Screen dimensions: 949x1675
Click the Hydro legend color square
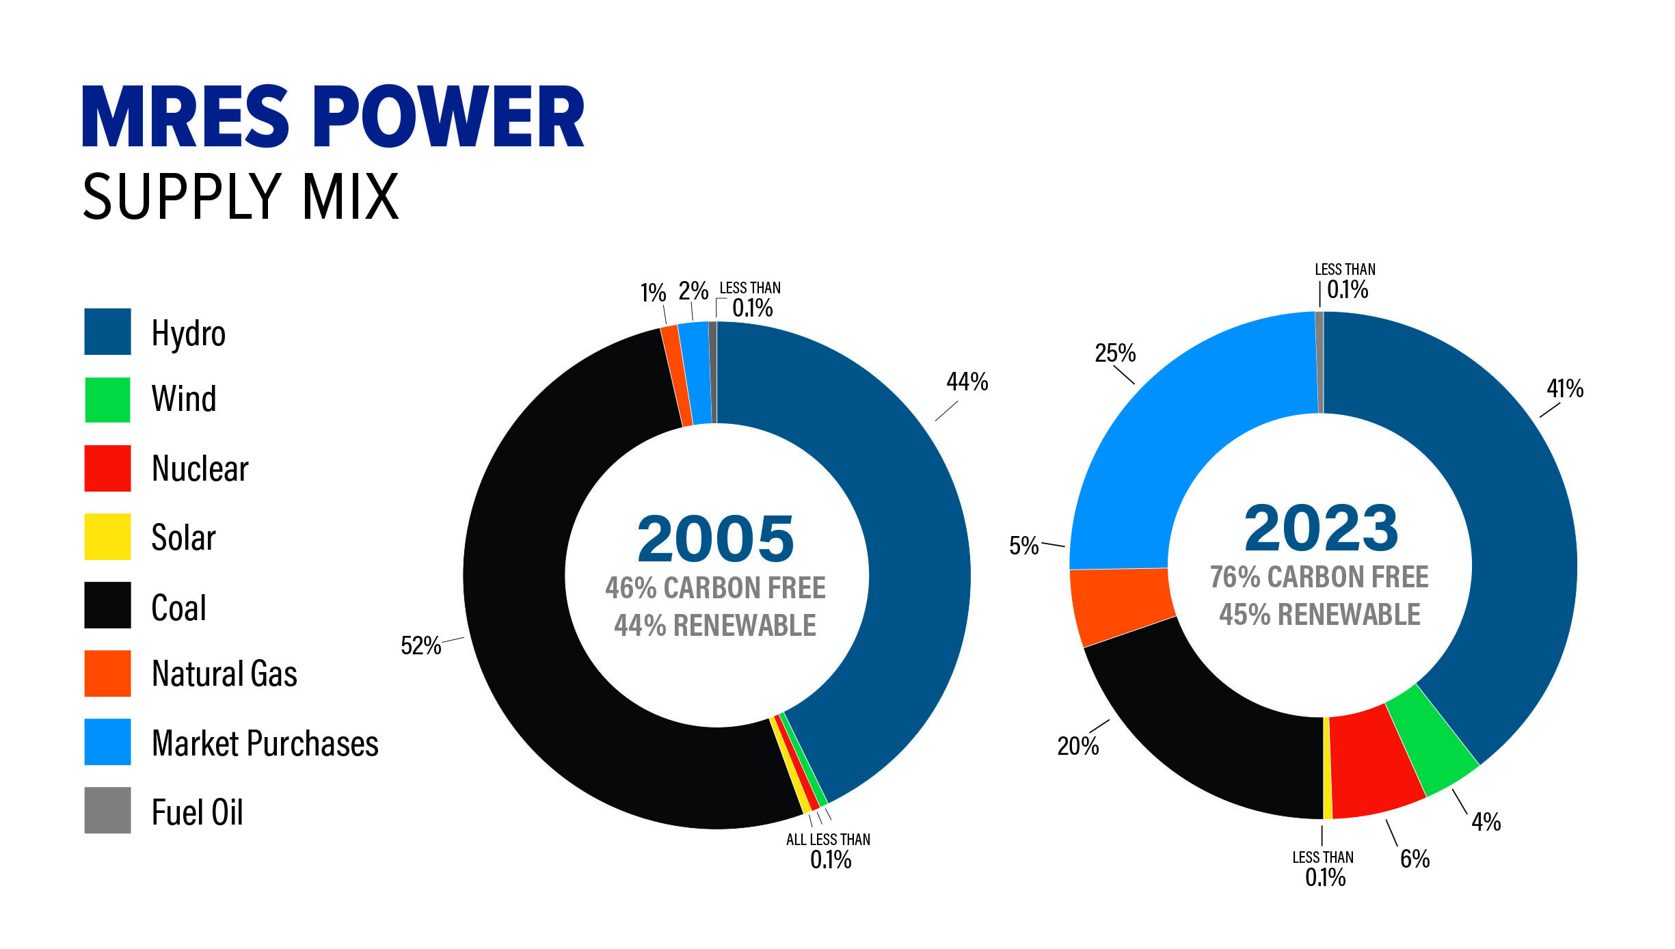tap(107, 332)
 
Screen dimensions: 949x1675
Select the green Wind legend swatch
tap(107, 400)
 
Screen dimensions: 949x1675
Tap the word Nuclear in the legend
tap(200, 469)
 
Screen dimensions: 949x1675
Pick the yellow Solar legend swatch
tap(107, 537)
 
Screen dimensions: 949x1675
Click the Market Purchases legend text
tap(265, 743)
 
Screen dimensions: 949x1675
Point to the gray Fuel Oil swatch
tap(107, 810)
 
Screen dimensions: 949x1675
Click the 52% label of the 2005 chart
tap(420, 645)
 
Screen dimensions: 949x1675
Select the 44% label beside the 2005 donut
tap(967, 382)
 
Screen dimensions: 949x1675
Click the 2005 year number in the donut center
tap(716, 539)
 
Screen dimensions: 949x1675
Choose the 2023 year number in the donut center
tap(1321, 528)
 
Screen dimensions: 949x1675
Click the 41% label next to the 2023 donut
tap(1564, 389)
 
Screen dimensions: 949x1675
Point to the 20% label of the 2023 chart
tap(1077, 746)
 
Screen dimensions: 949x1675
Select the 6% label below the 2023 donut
tap(1414, 859)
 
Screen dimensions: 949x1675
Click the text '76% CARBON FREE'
tap(1319, 577)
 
